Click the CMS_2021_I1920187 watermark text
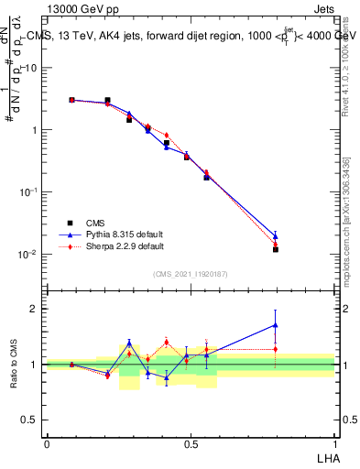pyautogui.click(x=191, y=274)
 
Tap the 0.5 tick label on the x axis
pyautogui.click(x=191, y=443)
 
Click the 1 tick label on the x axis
pyautogui.click(x=334, y=443)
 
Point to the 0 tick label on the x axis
pyautogui.click(x=47, y=443)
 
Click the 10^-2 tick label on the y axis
pyautogui.click(x=27, y=254)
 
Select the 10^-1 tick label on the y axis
pyautogui.click(x=27, y=191)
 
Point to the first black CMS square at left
pyautogui.click(x=71, y=100)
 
